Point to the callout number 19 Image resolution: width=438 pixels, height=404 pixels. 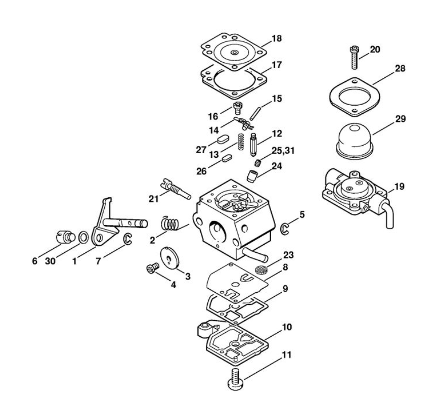(400, 187)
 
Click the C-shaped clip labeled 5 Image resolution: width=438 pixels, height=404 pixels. (285, 229)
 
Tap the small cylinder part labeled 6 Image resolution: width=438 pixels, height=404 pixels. (61, 236)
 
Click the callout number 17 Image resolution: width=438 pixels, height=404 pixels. (276, 65)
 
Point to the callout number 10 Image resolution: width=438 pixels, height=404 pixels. (286, 327)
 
